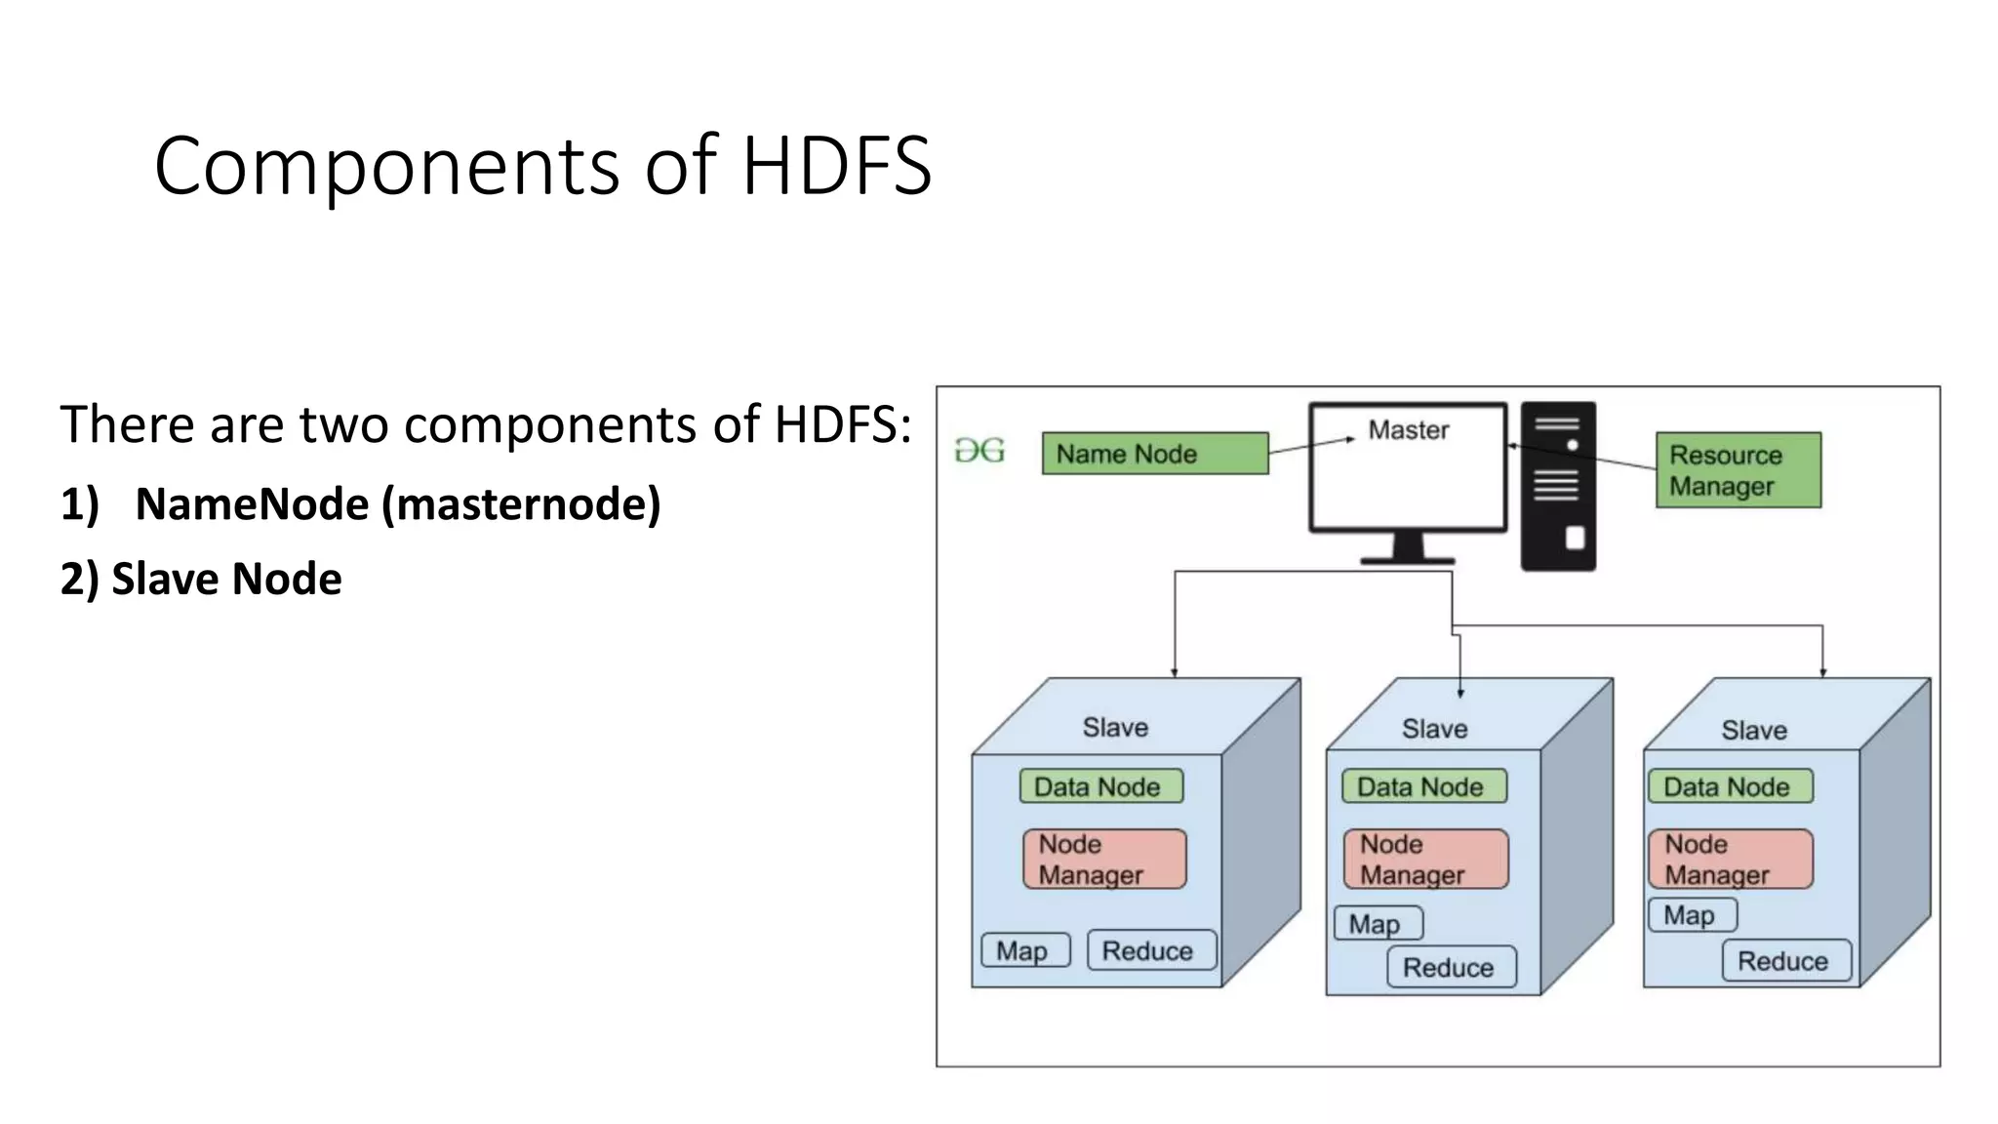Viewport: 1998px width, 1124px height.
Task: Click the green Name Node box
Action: [1155, 454]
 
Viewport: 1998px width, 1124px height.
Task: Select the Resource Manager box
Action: [1738, 470]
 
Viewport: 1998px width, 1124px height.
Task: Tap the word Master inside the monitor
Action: [1408, 430]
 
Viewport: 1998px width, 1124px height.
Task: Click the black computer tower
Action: [1558, 486]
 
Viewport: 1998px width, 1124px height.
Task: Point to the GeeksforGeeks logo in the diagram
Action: [979, 451]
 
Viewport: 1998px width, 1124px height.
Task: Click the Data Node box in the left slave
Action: [1100, 786]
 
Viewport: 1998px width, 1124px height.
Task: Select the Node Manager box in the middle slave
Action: [1425, 859]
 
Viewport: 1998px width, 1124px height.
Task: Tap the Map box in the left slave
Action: [1024, 950]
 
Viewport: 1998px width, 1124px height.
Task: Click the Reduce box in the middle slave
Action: [1451, 967]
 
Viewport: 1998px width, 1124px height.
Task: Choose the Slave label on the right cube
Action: [1753, 730]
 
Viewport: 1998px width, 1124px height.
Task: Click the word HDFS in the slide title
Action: [836, 166]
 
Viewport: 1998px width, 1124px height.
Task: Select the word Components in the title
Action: [386, 166]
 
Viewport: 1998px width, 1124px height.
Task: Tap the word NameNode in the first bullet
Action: [252, 504]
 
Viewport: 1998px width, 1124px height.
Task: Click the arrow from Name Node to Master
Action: [1310, 445]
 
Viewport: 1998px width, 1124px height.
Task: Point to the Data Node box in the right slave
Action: [1730, 786]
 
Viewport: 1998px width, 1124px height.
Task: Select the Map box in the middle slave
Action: [1378, 923]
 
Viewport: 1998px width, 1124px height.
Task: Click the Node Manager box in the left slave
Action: [1104, 859]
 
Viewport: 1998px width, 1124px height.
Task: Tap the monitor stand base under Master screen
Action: [1408, 560]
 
